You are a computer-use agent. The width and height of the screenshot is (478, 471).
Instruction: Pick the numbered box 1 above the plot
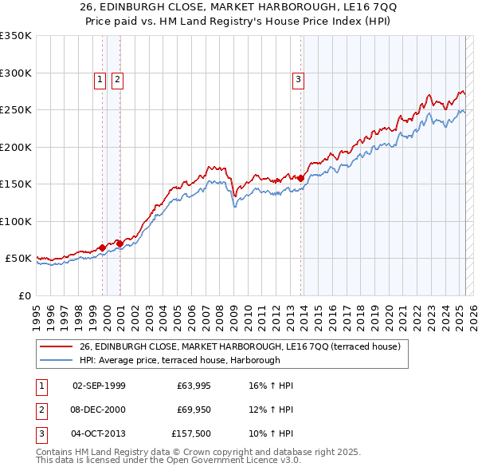pos(100,79)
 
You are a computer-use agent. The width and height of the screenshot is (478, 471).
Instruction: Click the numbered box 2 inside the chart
pos(117,79)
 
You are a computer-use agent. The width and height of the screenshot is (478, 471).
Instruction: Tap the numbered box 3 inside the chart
pos(298,79)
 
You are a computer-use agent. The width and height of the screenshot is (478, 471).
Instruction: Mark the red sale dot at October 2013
pos(300,179)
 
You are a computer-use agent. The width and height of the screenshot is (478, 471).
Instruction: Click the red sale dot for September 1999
pos(103,247)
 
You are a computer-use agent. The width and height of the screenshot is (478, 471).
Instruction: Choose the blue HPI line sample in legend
pos(57,361)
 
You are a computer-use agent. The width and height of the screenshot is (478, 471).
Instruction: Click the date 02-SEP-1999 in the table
pos(99,386)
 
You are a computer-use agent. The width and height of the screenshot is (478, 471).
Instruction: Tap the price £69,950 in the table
pos(191,410)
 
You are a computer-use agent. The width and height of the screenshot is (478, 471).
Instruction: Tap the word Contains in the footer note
pos(57,452)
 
